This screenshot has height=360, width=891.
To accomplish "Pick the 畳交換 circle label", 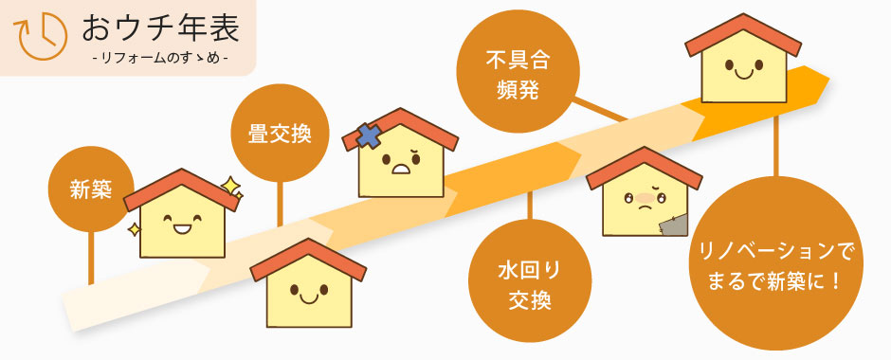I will point(279,133).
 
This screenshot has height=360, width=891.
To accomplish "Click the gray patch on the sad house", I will point(674,225).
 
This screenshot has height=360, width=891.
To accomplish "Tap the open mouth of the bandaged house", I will point(402,171).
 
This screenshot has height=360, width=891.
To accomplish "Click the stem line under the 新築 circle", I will point(91,256).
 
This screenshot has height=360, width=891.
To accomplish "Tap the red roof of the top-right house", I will point(742,30).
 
